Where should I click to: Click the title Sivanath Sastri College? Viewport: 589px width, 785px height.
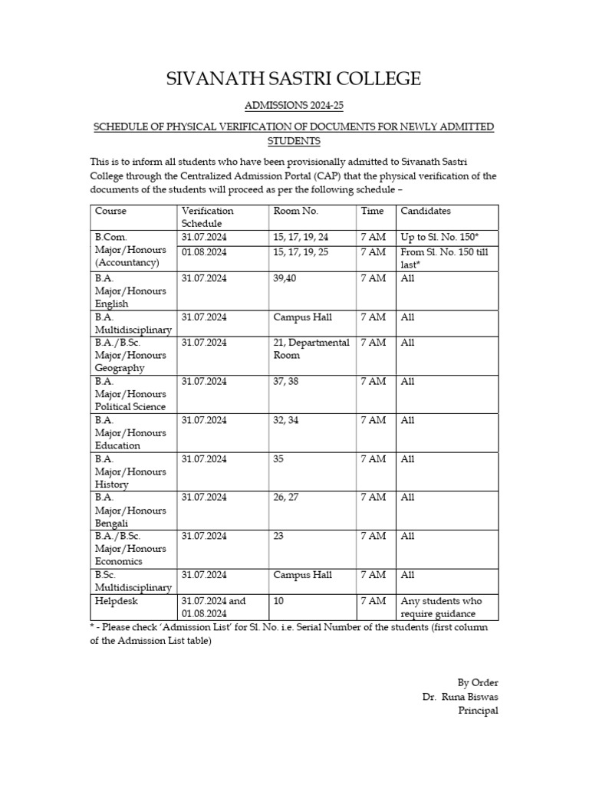pos(294,79)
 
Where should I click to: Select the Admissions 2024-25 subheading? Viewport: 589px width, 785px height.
pos(294,106)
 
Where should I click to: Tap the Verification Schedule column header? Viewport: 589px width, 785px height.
pos(208,217)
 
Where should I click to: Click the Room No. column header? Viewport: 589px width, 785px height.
pos(295,211)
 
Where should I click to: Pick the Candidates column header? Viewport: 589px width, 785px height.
pos(426,211)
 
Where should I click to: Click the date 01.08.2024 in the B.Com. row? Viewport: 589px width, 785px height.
pos(204,252)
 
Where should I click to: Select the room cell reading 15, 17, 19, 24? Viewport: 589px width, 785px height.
pos(301,237)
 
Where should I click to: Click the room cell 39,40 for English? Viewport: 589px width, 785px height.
pos(285,278)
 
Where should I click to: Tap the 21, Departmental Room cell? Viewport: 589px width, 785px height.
pos(311,349)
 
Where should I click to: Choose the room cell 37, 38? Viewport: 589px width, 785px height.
pos(285,381)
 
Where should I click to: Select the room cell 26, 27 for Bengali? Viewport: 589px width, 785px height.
pos(285,498)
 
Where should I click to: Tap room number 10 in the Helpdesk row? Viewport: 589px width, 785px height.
pos(279,601)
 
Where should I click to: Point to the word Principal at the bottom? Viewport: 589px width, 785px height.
pos(478,711)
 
